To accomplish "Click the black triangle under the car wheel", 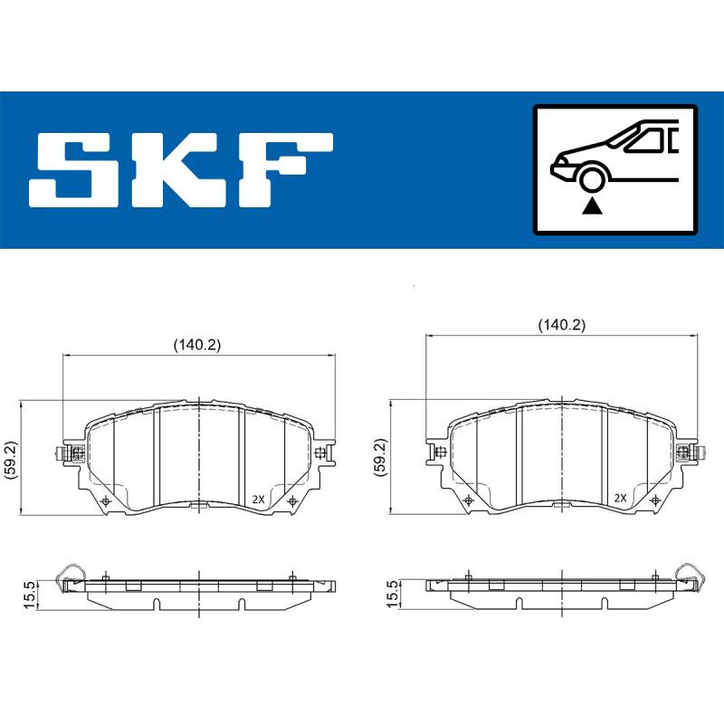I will [x=593, y=206].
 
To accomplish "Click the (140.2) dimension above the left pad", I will [x=197, y=344].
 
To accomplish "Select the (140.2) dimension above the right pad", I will [x=562, y=323].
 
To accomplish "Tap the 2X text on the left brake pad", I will [x=257, y=499].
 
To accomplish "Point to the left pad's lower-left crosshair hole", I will [x=106, y=501].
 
